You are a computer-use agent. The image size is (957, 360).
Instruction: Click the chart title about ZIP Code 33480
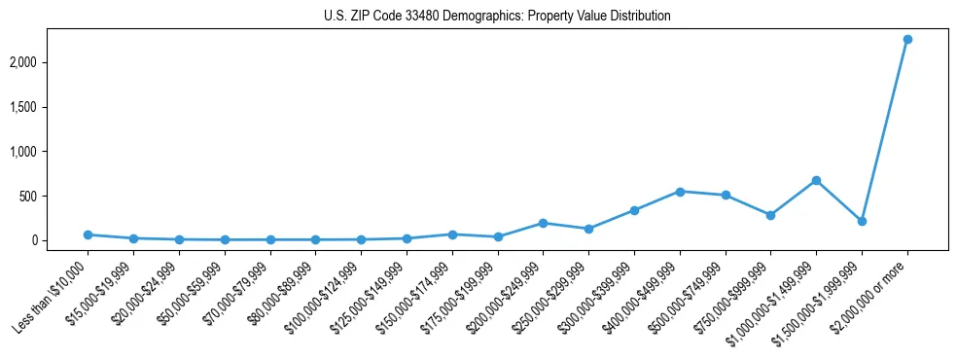pos(497,17)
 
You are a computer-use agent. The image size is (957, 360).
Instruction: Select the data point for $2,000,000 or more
pos(907,39)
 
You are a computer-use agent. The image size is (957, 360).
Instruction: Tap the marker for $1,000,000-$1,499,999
pos(816,180)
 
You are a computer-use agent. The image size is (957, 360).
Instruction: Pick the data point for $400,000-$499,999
pos(680,192)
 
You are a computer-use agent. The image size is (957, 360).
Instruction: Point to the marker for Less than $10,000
pos(88,234)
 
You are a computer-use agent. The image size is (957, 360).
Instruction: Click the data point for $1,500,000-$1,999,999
pos(862,221)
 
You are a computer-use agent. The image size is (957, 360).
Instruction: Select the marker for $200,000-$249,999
pos(543,223)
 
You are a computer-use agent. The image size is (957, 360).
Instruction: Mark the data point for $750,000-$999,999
pos(770,215)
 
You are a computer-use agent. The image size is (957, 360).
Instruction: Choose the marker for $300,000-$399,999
pos(634,210)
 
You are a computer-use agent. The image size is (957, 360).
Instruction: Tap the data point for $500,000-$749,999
pos(725,195)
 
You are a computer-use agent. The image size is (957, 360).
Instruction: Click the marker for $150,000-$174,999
pos(452,234)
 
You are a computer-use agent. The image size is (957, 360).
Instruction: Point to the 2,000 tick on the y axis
pos(48,62)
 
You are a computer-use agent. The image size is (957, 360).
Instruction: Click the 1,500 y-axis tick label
pos(48,107)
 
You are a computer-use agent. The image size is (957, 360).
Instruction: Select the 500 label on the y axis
pos(53,196)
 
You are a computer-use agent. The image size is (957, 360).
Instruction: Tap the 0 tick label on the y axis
pos(59,240)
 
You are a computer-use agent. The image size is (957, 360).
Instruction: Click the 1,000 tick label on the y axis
pos(48,152)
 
